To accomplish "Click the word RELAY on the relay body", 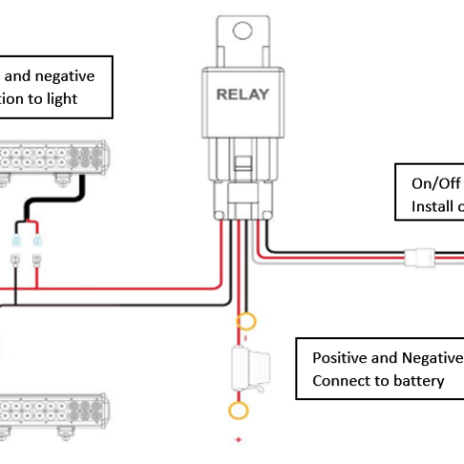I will (x=242, y=95).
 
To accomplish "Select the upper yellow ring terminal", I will (x=242, y=322).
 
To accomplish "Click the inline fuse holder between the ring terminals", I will (x=244, y=366).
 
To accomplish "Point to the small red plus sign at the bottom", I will (x=239, y=438).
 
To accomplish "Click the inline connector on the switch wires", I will (x=419, y=259).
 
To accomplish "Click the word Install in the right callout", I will (x=430, y=207).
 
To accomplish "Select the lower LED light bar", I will (x=56, y=410).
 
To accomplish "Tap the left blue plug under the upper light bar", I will (x=17, y=242).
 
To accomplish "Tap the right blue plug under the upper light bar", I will (x=36, y=242).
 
